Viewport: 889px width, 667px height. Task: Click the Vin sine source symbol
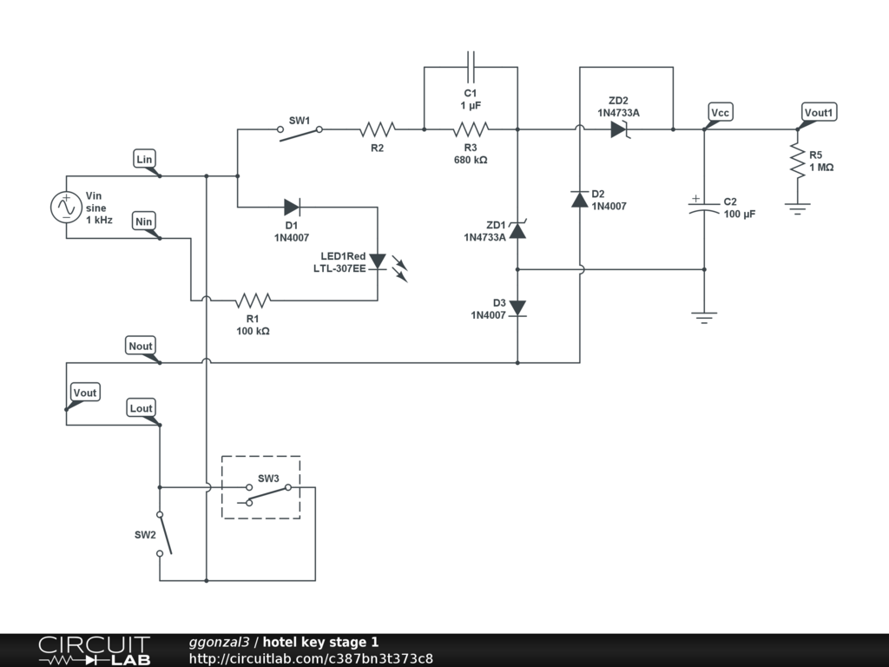(x=66, y=207)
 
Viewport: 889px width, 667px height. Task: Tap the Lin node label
(x=145, y=159)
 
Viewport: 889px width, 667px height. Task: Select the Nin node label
(x=144, y=221)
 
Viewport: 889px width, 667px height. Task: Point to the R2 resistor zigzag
(x=377, y=129)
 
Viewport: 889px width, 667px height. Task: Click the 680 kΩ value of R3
(x=470, y=160)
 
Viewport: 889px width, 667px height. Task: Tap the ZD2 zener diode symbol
(x=620, y=129)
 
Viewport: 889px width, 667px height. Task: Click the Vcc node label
(x=720, y=112)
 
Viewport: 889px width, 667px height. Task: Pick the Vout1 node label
(x=819, y=112)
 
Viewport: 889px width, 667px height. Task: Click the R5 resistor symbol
(x=797, y=161)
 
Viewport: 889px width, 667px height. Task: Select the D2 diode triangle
(x=579, y=199)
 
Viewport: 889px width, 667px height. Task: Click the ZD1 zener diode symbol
(x=517, y=229)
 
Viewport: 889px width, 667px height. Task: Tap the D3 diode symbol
(x=517, y=308)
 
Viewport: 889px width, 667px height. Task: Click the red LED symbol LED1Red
(x=378, y=261)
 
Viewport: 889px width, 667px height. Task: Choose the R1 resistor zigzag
(x=253, y=300)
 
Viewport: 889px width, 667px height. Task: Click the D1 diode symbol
(x=292, y=207)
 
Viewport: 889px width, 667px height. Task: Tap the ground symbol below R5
(x=797, y=208)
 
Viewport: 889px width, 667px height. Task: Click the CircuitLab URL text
(x=311, y=658)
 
